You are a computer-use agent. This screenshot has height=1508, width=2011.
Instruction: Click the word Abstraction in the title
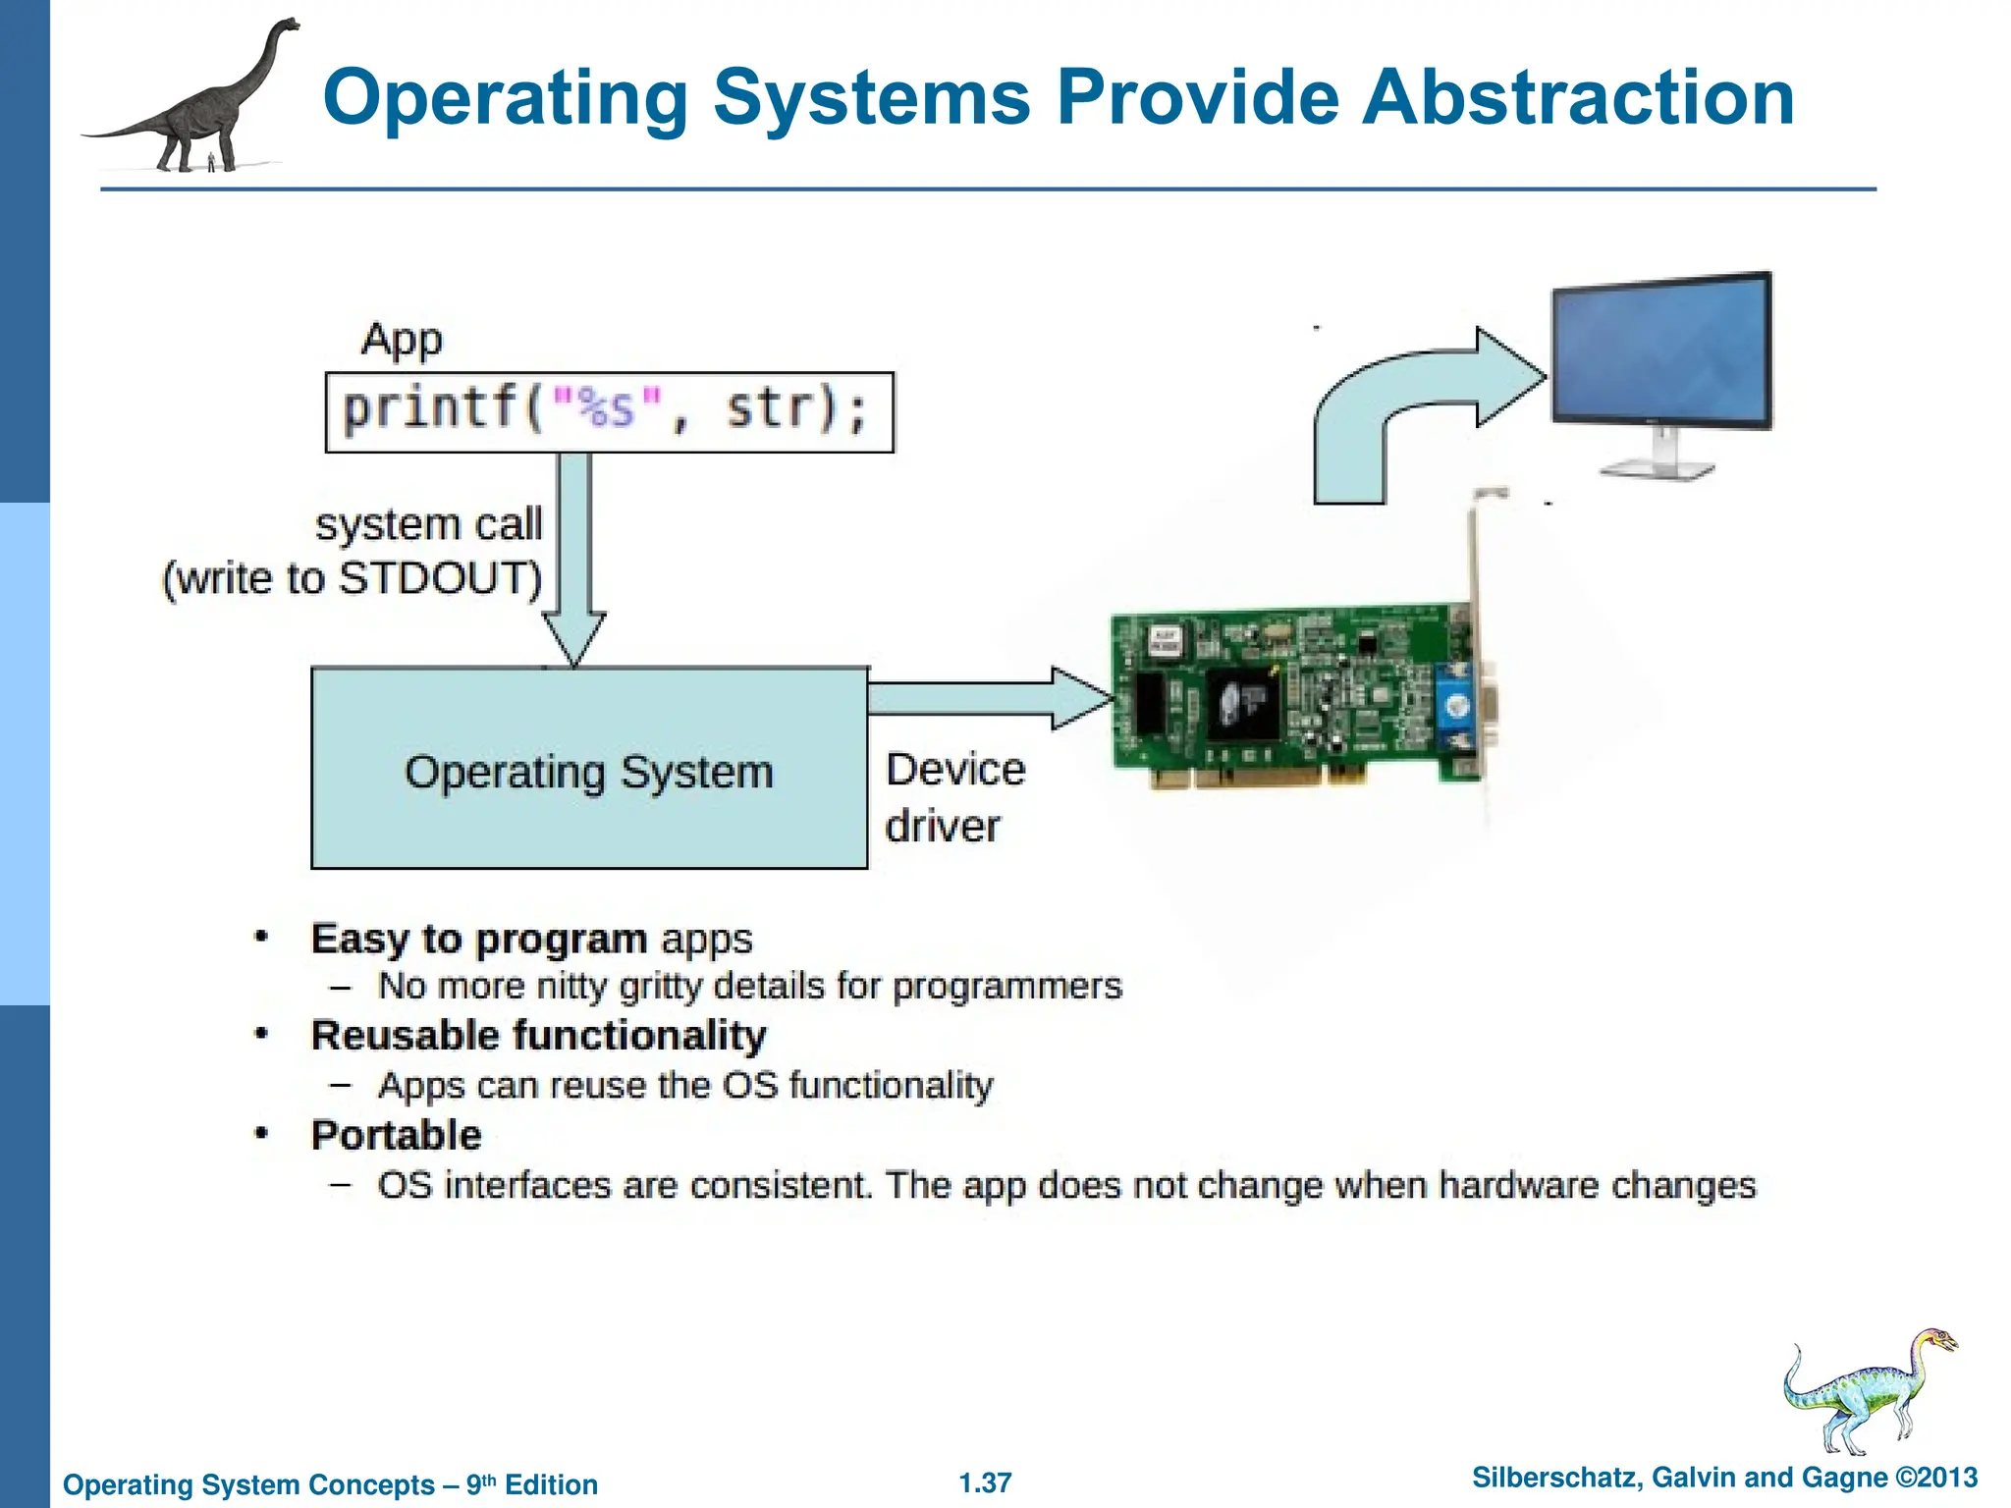(1577, 98)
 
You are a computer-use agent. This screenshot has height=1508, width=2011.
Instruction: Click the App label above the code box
(402, 340)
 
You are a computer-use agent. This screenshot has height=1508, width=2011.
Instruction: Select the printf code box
(609, 411)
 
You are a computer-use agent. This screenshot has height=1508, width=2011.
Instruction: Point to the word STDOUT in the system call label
(439, 578)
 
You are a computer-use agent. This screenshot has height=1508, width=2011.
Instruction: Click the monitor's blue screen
(1660, 351)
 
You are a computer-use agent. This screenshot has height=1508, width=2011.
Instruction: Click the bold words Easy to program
(478, 939)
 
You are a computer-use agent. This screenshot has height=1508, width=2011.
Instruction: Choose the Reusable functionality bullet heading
(538, 1036)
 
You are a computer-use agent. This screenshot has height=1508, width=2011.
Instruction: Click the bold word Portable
(396, 1135)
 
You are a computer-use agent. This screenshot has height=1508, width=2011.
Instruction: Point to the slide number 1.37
(985, 1482)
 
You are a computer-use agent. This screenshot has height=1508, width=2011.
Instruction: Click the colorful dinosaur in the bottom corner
(1866, 1389)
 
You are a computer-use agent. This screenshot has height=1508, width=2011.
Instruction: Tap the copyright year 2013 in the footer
(1946, 1478)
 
